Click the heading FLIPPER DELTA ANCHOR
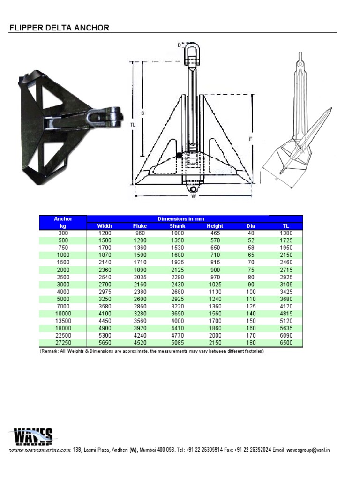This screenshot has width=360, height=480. [60, 28]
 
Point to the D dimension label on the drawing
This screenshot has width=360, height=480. [179, 45]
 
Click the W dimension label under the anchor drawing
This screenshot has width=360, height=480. [193, 196]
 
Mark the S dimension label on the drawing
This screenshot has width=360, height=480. [142, 113]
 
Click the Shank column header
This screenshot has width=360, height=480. [178, 226]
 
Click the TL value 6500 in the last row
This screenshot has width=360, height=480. [286, 343]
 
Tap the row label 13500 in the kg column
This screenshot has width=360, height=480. [63, 322]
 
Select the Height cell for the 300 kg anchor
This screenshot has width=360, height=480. [215, 233]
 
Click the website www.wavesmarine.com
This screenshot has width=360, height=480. [40, 450]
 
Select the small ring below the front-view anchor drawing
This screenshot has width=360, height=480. [194, 188]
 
